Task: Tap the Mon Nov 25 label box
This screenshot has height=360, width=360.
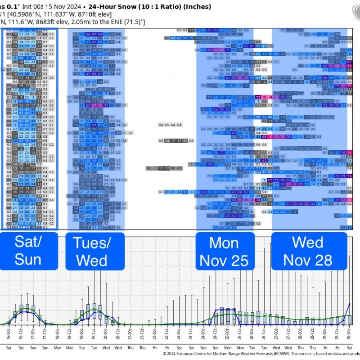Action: pyautogui.click(x=225, y=251)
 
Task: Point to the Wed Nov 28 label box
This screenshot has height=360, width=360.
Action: pyautogui.click(x=308, y=251)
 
